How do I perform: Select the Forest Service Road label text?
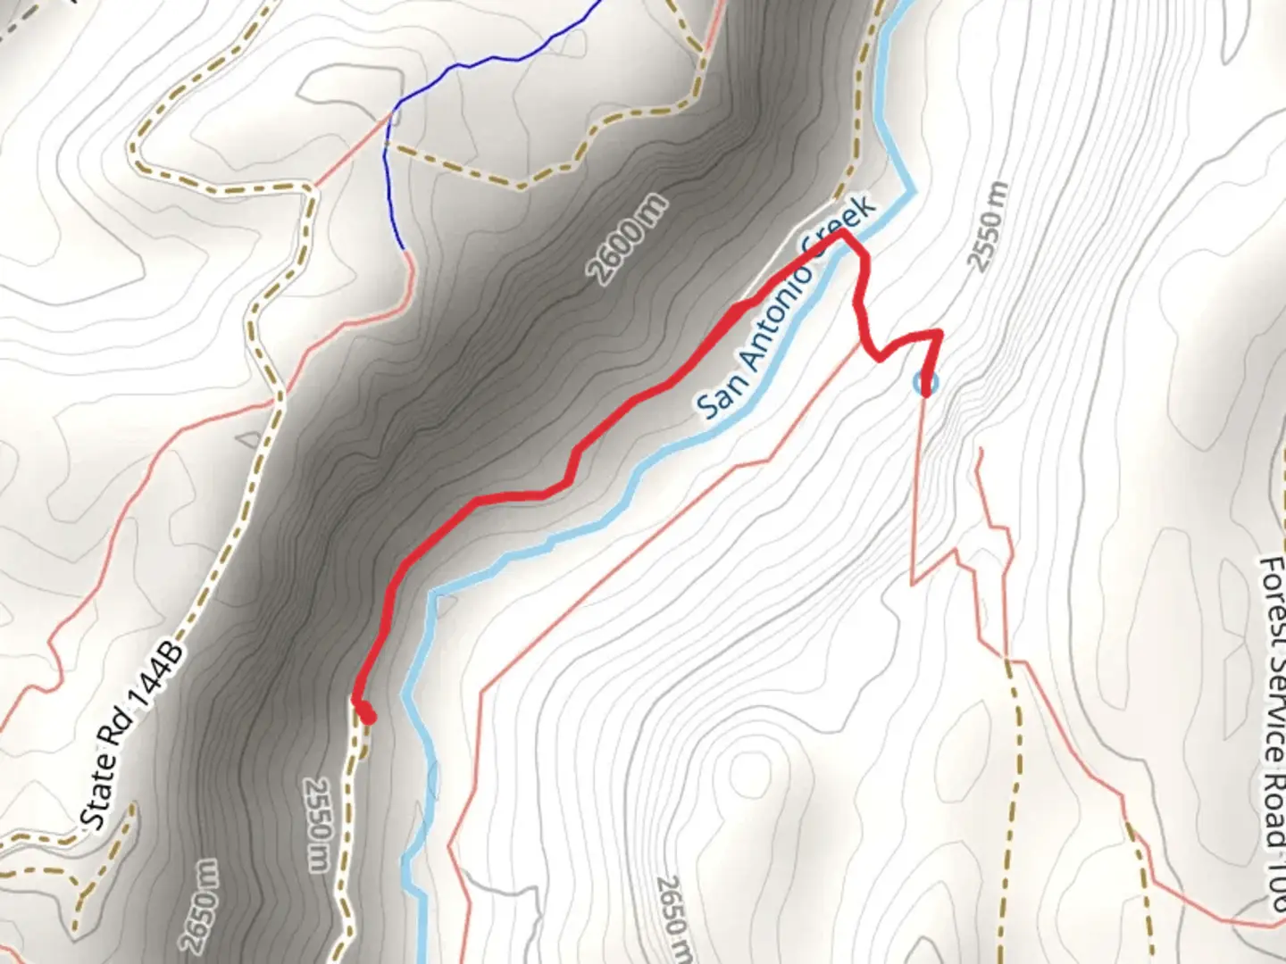coord(1272,732)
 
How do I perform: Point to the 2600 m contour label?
coord(627,239)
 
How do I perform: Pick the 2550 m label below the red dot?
coord(317,824)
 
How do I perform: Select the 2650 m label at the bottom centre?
coord(673,919)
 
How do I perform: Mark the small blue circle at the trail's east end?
coord(926,384)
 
